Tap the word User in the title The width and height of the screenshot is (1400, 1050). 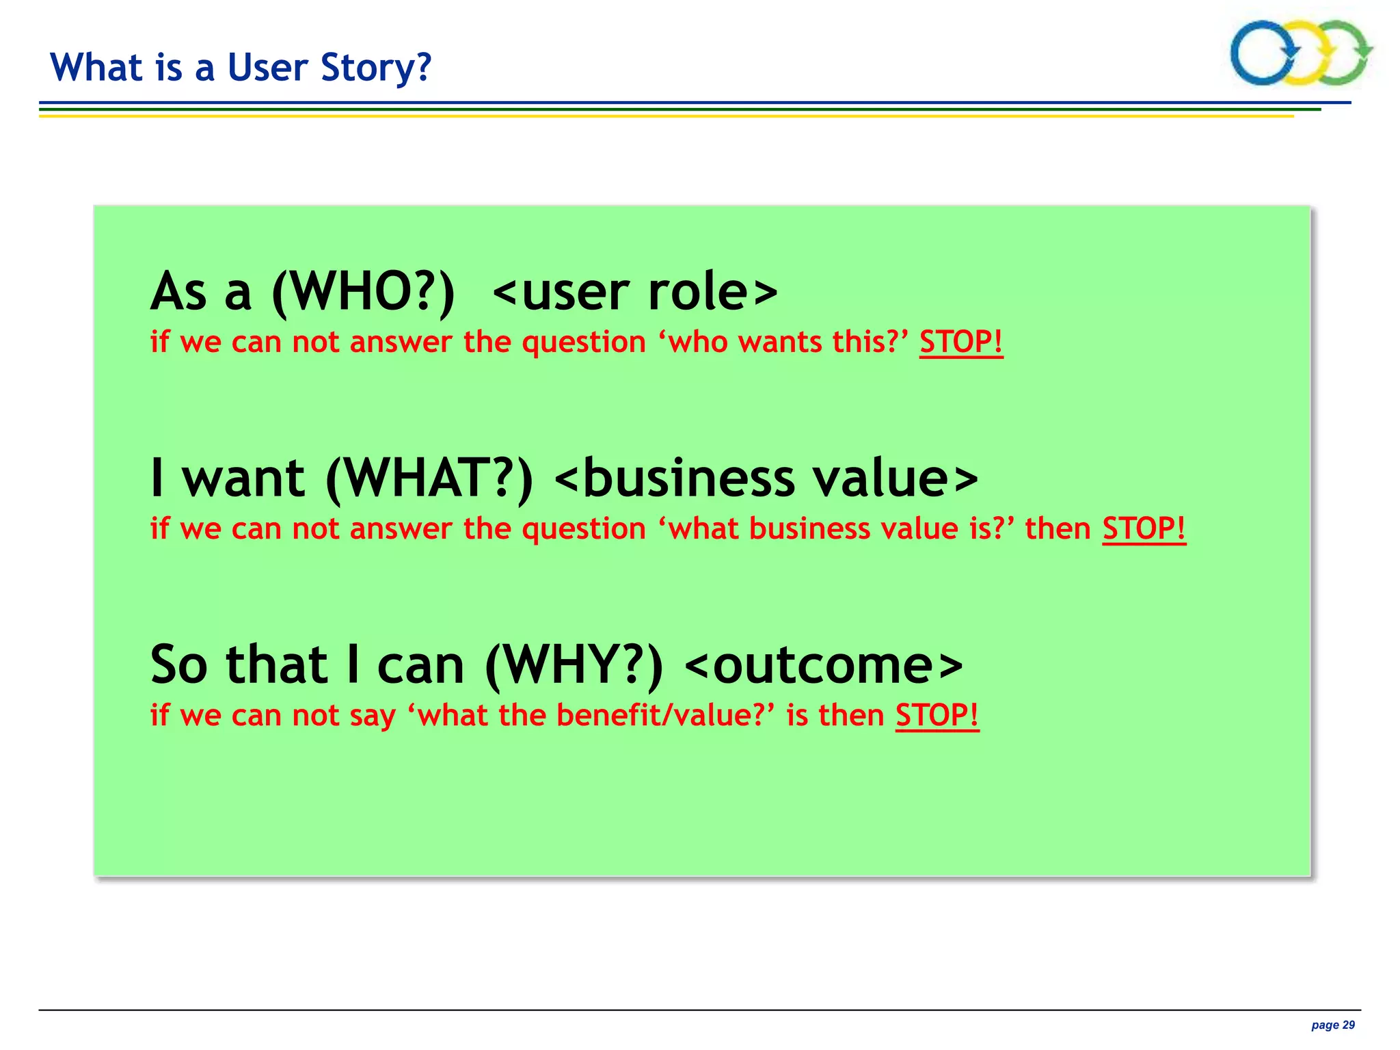[267, 68]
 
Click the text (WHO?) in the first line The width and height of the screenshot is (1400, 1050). [363, 293]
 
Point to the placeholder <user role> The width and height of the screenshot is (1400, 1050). [634, 293]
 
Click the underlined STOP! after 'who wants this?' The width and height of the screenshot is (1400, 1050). [960, 342]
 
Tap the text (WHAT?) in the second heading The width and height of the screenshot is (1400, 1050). [429, 479]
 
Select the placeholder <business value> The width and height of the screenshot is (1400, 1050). [766, 479]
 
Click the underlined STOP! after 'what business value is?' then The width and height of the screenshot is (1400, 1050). [1144, 528]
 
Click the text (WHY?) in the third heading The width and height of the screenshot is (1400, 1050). [574, 665]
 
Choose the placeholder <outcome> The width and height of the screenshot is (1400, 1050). [823, 665]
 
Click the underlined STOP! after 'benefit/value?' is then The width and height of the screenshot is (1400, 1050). [937, 716]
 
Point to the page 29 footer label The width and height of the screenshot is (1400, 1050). [1332, 1025]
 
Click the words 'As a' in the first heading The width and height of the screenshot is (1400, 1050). [201, 293]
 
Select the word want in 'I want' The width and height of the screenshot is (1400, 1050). [243, 479]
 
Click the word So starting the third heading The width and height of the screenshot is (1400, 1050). [178, 665]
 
